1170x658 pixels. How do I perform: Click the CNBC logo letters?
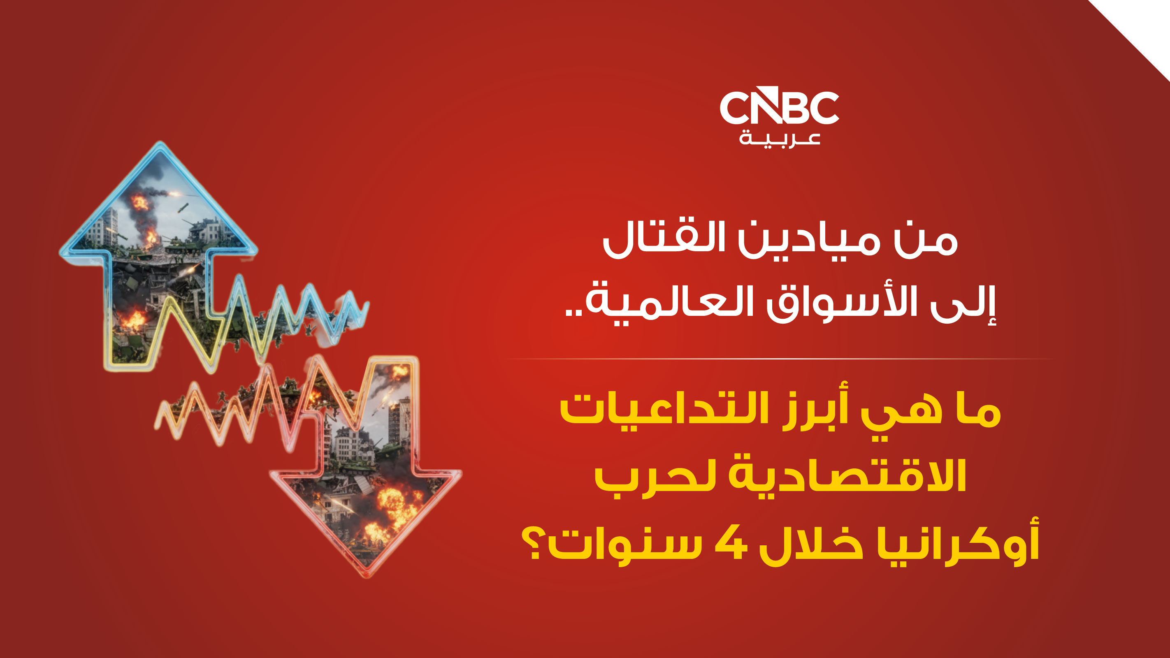(x=780, y=105)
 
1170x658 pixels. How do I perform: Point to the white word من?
(x=926, y=241)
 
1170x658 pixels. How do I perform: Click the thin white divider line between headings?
(x=780, y=359)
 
